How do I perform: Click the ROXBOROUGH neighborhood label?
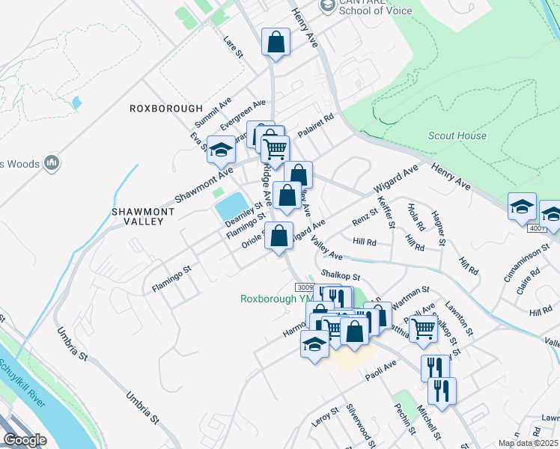166,109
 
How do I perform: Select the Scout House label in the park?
457,136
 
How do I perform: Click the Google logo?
25,440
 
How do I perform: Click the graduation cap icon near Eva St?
221,149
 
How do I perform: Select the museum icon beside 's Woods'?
52,162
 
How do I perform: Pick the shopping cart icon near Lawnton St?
424,327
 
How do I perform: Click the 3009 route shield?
304,287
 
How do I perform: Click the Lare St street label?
234,46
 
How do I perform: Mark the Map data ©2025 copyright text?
529,443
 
